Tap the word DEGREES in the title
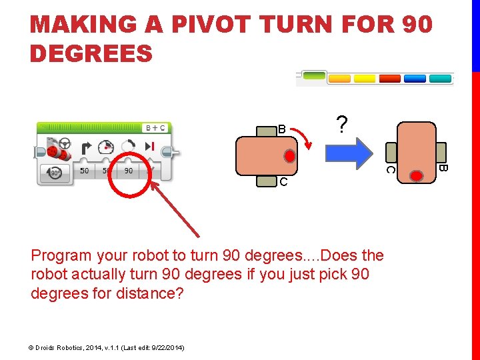pos(91,53)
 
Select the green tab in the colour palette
pos(314,75)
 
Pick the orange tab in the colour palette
pos(339,79)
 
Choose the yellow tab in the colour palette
pos(365,79)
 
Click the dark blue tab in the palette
pos(415,79)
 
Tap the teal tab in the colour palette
pos(440,79)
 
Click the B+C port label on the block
pos(155,128)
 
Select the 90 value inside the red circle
pos(129,171)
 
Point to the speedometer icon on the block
pos(106,147)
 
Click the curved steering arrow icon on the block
pos(86,148)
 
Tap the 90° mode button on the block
pos(55,173)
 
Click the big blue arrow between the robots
pos(349,153)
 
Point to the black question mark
pos(342,124)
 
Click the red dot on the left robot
pos(289,156)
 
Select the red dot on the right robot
pos(416,176)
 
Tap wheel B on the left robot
pos(267,131)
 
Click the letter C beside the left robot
pos(283,182)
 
